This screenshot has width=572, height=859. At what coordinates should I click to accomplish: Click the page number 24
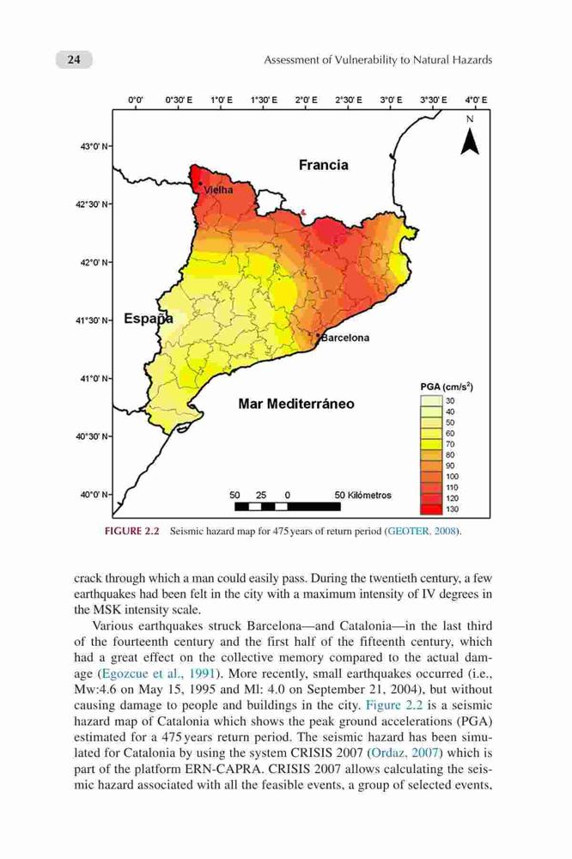(73, 59)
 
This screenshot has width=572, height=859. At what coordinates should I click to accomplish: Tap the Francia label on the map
(323, 165)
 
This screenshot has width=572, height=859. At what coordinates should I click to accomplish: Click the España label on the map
(149, 319)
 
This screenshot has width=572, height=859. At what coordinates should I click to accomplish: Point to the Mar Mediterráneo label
(295, 404)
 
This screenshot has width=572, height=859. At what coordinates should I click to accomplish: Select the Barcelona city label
(345, 338)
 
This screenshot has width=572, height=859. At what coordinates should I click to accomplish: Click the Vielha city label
(218, 190)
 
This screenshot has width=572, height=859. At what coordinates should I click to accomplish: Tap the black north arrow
(470, 142)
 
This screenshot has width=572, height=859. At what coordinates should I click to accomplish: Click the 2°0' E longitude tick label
(306, 101)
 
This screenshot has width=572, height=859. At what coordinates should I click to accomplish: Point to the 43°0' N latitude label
(94, 146)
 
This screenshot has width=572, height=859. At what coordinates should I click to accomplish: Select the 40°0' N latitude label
(94, 495)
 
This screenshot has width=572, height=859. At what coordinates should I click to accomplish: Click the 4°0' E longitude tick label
(476, 101)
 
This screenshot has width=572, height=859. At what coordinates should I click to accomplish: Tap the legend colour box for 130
(431, 509)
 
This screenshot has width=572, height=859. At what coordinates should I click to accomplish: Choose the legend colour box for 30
(431, 401)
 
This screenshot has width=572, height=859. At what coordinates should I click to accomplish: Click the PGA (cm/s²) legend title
(447, 387)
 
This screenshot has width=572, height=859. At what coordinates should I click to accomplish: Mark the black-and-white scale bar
(288, 506)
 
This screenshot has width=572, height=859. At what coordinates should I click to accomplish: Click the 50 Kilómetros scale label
(362, 496)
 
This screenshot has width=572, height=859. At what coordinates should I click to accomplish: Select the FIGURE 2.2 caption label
(131, 532)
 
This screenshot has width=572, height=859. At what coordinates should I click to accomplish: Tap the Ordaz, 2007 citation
(404, 752)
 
